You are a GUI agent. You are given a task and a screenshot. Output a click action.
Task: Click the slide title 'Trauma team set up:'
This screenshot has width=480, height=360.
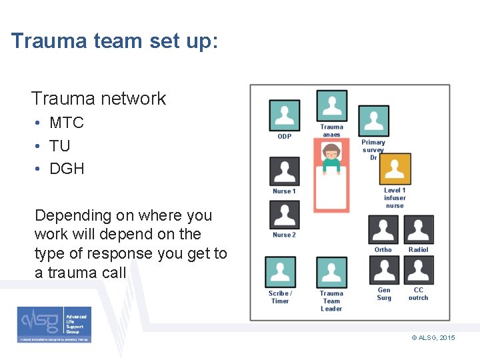pos(114,42)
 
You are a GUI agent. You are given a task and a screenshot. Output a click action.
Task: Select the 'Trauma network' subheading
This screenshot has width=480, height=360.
pos(98,99)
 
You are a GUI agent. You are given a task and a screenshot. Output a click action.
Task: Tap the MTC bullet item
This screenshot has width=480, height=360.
pos(67,123)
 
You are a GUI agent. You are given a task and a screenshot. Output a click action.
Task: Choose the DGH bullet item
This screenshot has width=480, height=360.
pos(67,169)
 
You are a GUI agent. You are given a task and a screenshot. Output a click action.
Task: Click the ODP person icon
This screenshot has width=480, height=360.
pos(285,115)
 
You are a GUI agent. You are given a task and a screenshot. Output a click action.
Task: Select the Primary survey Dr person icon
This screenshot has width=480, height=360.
pos(373,121)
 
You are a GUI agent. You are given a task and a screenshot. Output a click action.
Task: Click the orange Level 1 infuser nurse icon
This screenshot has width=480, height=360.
pos(395,169)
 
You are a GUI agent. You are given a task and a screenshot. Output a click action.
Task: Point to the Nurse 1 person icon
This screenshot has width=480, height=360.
pos(285,171)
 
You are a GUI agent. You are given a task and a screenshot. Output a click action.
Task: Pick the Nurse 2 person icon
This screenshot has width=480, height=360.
pos(285,215)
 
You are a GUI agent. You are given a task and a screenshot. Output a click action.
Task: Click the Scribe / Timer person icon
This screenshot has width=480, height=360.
pos(281,272)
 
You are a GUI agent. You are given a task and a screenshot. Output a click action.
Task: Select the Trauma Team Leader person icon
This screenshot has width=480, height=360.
pos(331,272)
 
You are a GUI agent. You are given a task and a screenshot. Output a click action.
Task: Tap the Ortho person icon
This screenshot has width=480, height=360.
pos(383,230)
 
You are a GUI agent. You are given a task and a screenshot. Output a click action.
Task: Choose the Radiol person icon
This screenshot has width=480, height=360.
pos(419,230)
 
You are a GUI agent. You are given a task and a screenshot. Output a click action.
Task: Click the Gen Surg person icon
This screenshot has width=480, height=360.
pos(383,271)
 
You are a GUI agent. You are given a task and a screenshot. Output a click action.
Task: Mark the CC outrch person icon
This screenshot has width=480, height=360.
pos(419,271)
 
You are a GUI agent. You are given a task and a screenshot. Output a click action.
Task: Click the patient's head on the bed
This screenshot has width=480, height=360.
pos(331,152)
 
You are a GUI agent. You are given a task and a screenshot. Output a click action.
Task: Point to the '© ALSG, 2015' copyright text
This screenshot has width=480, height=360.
pos(433,338)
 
